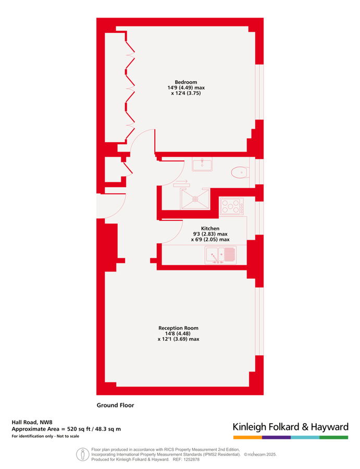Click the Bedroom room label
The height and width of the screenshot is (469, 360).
185,82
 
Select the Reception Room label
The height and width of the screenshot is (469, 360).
178,328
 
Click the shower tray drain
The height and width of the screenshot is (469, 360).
195,198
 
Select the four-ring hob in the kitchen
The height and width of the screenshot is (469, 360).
231,206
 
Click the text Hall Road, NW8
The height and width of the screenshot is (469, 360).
32,423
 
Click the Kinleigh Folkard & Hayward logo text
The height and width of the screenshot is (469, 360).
290,427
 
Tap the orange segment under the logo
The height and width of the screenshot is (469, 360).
247,437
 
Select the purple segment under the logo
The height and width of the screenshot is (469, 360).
276,437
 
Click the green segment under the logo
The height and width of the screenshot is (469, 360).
333,437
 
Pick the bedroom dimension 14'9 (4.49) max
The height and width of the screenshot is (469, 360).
185,88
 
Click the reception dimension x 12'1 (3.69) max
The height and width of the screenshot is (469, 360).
178,339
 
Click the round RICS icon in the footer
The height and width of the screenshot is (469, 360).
82,454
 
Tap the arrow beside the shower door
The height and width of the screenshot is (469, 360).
182,182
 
